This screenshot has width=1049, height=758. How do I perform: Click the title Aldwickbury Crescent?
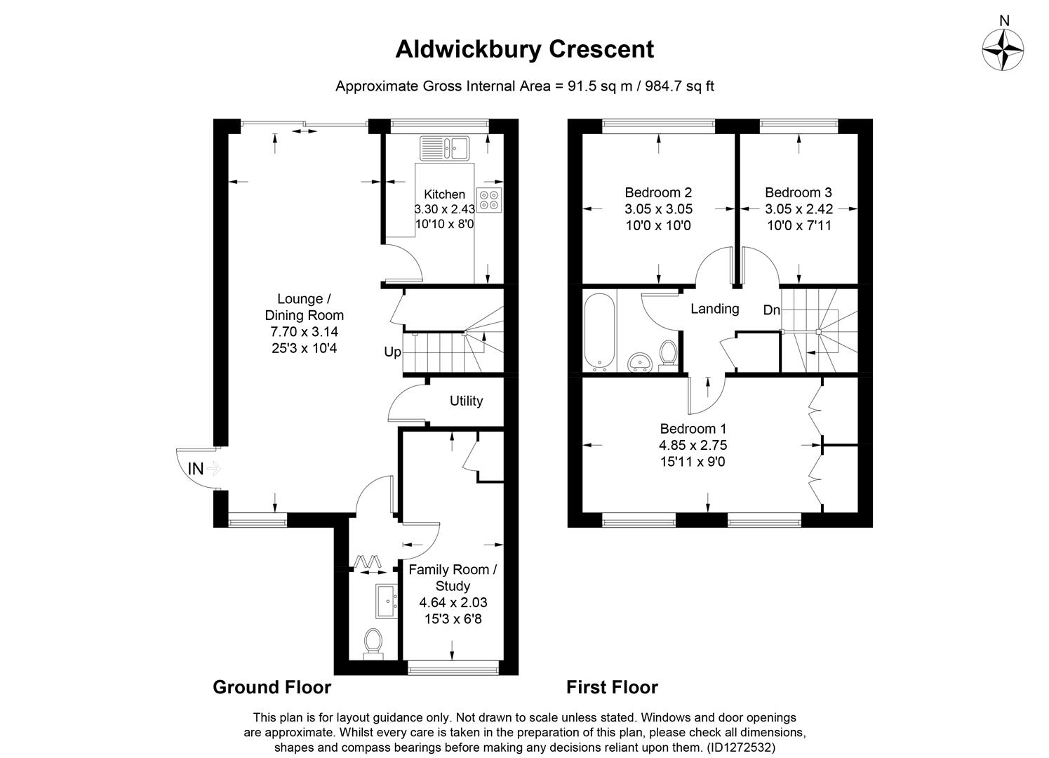click(x=524, y=49)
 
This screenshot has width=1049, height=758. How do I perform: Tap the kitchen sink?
click(x=444, y=148)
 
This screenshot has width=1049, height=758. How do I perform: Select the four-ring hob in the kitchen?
click(x=489, y=199)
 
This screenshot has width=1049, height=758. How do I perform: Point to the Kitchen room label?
click(x=444, y=194)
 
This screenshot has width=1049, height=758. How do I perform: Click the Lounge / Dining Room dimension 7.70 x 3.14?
click(x=304, y=331)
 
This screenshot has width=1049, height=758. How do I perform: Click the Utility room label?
click(x=466, y=401)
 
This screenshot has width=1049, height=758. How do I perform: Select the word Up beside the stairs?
click(x=392, y=352)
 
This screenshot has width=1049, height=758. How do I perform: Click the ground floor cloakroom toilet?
click(x=373, y=643)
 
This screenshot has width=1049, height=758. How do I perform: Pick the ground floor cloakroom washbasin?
click(x=387, y=601)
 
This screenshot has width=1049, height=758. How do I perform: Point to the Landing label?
click(x=714, y=309)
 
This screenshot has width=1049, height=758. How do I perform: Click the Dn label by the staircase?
click(x=771, y=310)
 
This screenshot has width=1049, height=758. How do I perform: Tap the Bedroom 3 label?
click(x=798, y=192)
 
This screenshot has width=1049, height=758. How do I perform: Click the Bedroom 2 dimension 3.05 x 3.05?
click(x=658, y=209)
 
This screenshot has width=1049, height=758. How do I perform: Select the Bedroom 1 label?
click(x=693, y=428)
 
